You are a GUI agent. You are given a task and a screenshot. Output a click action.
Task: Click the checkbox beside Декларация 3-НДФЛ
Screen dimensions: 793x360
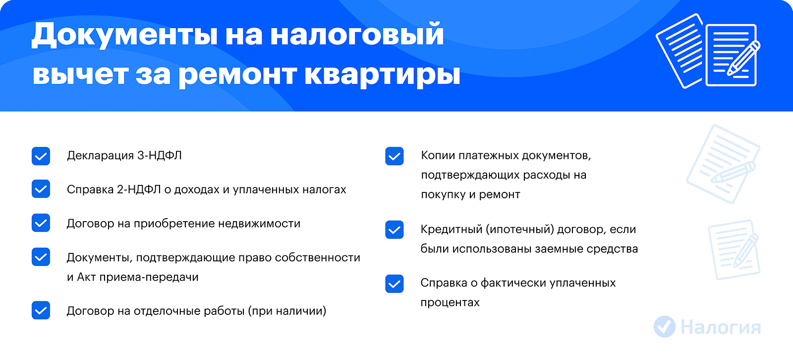point(41,156)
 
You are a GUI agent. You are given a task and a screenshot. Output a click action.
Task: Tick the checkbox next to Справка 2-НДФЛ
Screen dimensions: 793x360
point(41,189)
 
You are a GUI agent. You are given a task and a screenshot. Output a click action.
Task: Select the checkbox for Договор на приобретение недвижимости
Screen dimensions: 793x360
point(41,223)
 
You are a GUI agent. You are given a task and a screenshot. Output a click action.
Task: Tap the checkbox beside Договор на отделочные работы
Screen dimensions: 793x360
point(41,310)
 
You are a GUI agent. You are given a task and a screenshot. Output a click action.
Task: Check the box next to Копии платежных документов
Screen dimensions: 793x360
point(395,156)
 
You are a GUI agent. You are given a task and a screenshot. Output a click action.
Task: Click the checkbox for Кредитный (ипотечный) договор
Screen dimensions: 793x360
point(395,230)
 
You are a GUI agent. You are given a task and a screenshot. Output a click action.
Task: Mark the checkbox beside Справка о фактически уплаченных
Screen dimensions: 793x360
point(395,284)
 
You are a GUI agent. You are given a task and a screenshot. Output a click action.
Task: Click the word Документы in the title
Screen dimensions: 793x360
point(124,35)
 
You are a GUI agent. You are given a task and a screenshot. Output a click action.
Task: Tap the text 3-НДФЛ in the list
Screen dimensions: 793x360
point(159,156)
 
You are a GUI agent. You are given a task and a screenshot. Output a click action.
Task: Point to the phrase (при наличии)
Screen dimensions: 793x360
point(287,311)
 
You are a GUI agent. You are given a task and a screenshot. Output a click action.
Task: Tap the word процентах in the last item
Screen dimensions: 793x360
point(450,303)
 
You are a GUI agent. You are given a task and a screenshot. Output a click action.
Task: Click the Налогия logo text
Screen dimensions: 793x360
point(721,327)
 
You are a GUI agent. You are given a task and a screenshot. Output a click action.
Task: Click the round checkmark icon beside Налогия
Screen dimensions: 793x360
point(665,327)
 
